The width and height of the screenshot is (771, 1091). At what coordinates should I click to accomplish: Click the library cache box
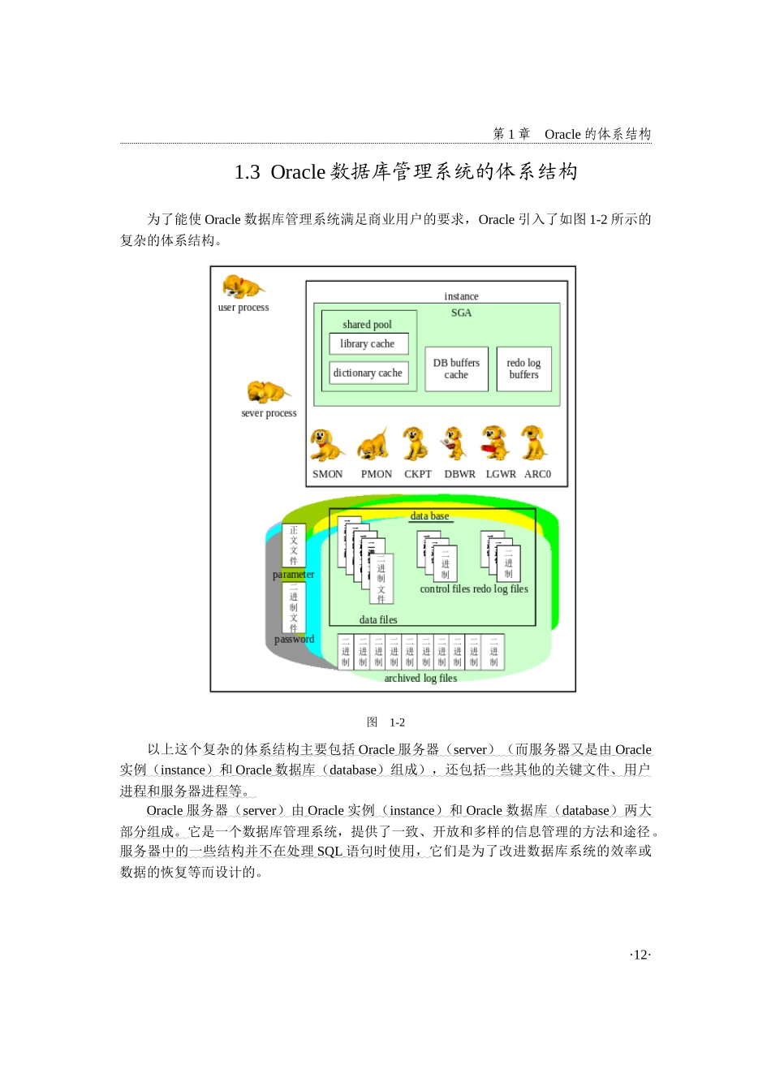[x=368, y=344]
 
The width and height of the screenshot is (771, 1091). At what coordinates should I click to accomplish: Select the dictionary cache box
[x=368, y=373]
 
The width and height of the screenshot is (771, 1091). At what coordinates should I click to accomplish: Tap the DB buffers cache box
[x=456, y=369]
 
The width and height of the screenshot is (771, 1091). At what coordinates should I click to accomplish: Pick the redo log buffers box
[x=523, y=369]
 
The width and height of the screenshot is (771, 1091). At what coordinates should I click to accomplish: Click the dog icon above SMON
[x=326, y=446]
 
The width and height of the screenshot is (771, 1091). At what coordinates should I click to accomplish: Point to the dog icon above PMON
[x=373, y=446]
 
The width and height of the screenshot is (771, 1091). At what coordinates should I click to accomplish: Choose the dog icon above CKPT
[x=416, y=444]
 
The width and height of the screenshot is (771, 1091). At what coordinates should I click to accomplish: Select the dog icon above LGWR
[x=494, y=443]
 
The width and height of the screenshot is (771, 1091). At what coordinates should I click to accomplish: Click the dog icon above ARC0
[x=533, y=443]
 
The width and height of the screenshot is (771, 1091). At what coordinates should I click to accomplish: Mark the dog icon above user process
[x=241, y=287]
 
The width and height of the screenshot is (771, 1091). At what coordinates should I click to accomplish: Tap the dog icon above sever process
[x=267, y=393]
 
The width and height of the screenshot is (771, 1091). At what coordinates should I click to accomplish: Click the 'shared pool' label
[x=367, y=325]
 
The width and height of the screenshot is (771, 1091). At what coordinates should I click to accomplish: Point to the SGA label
[x=461, y=313]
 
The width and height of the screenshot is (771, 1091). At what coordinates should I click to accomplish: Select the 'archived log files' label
[x=420, y=679]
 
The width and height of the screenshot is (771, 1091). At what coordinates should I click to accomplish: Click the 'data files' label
[x=378, y=620]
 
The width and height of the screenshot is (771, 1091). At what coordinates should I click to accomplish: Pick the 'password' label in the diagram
[x=294, y=640]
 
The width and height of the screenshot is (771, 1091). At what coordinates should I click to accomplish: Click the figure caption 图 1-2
[x=385, y=722]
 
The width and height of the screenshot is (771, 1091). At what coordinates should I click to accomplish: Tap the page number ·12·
[x=640, y=955]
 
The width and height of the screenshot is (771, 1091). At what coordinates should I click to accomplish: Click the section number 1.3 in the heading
[x=248, y=172]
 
